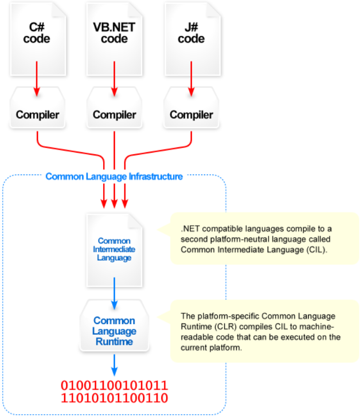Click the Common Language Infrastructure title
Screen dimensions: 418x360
[x=114, y=176]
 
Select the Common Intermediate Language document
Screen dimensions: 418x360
[x=114, y=249]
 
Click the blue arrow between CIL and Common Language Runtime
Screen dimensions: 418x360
[x=114, y=294]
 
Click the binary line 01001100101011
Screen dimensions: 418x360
[x=114, y=385]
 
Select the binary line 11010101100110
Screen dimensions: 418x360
[x=114, y=398]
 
